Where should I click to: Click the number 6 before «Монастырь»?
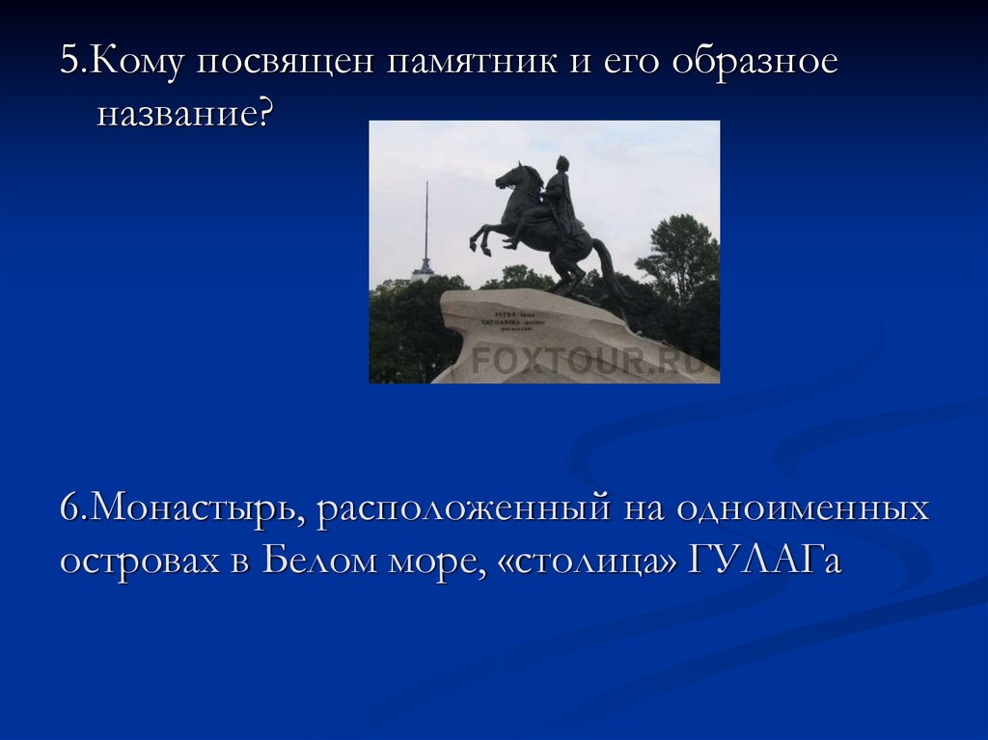(69, 509)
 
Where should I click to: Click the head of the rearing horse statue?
(509, 177)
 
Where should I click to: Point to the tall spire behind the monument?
(424, 232)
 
